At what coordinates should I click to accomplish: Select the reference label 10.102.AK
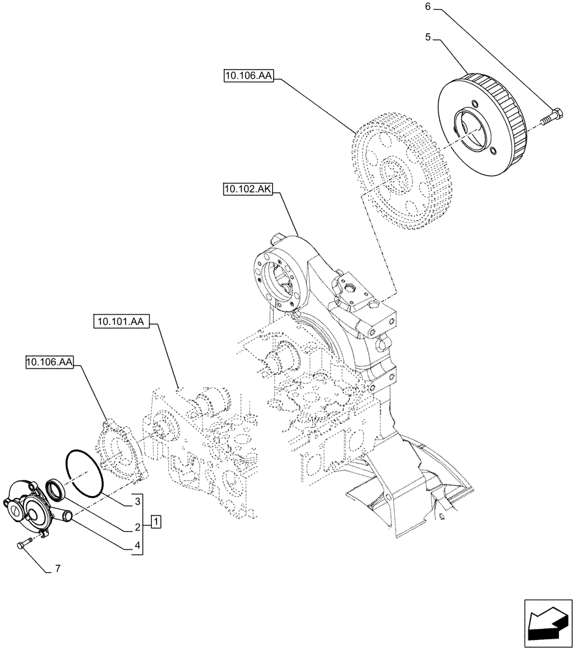point(248,189)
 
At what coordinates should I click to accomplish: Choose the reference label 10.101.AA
point(121,322)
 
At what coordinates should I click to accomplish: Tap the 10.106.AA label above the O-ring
point(50,363)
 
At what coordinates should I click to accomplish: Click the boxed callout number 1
point(156,521)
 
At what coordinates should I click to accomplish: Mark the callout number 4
point(137,546)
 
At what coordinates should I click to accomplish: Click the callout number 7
point(57,569)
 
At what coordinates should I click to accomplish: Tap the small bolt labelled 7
point(22,544)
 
